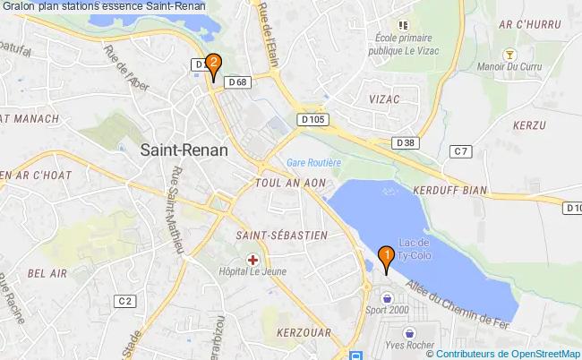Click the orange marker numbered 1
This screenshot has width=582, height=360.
click(386, 258)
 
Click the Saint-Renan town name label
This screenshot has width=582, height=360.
click(184, 151)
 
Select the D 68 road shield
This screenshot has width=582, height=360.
click(237, 82)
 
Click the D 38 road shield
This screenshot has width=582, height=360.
click(406, 142)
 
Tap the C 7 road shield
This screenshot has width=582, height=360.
click(461, 151)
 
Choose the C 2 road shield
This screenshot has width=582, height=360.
click(125, 301)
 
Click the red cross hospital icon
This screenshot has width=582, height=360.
click(252, 260)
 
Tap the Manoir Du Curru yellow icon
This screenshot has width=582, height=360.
click(509, 55)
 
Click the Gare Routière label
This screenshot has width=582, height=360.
click(313, 163)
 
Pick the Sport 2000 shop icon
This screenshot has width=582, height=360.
click(386, 297)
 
